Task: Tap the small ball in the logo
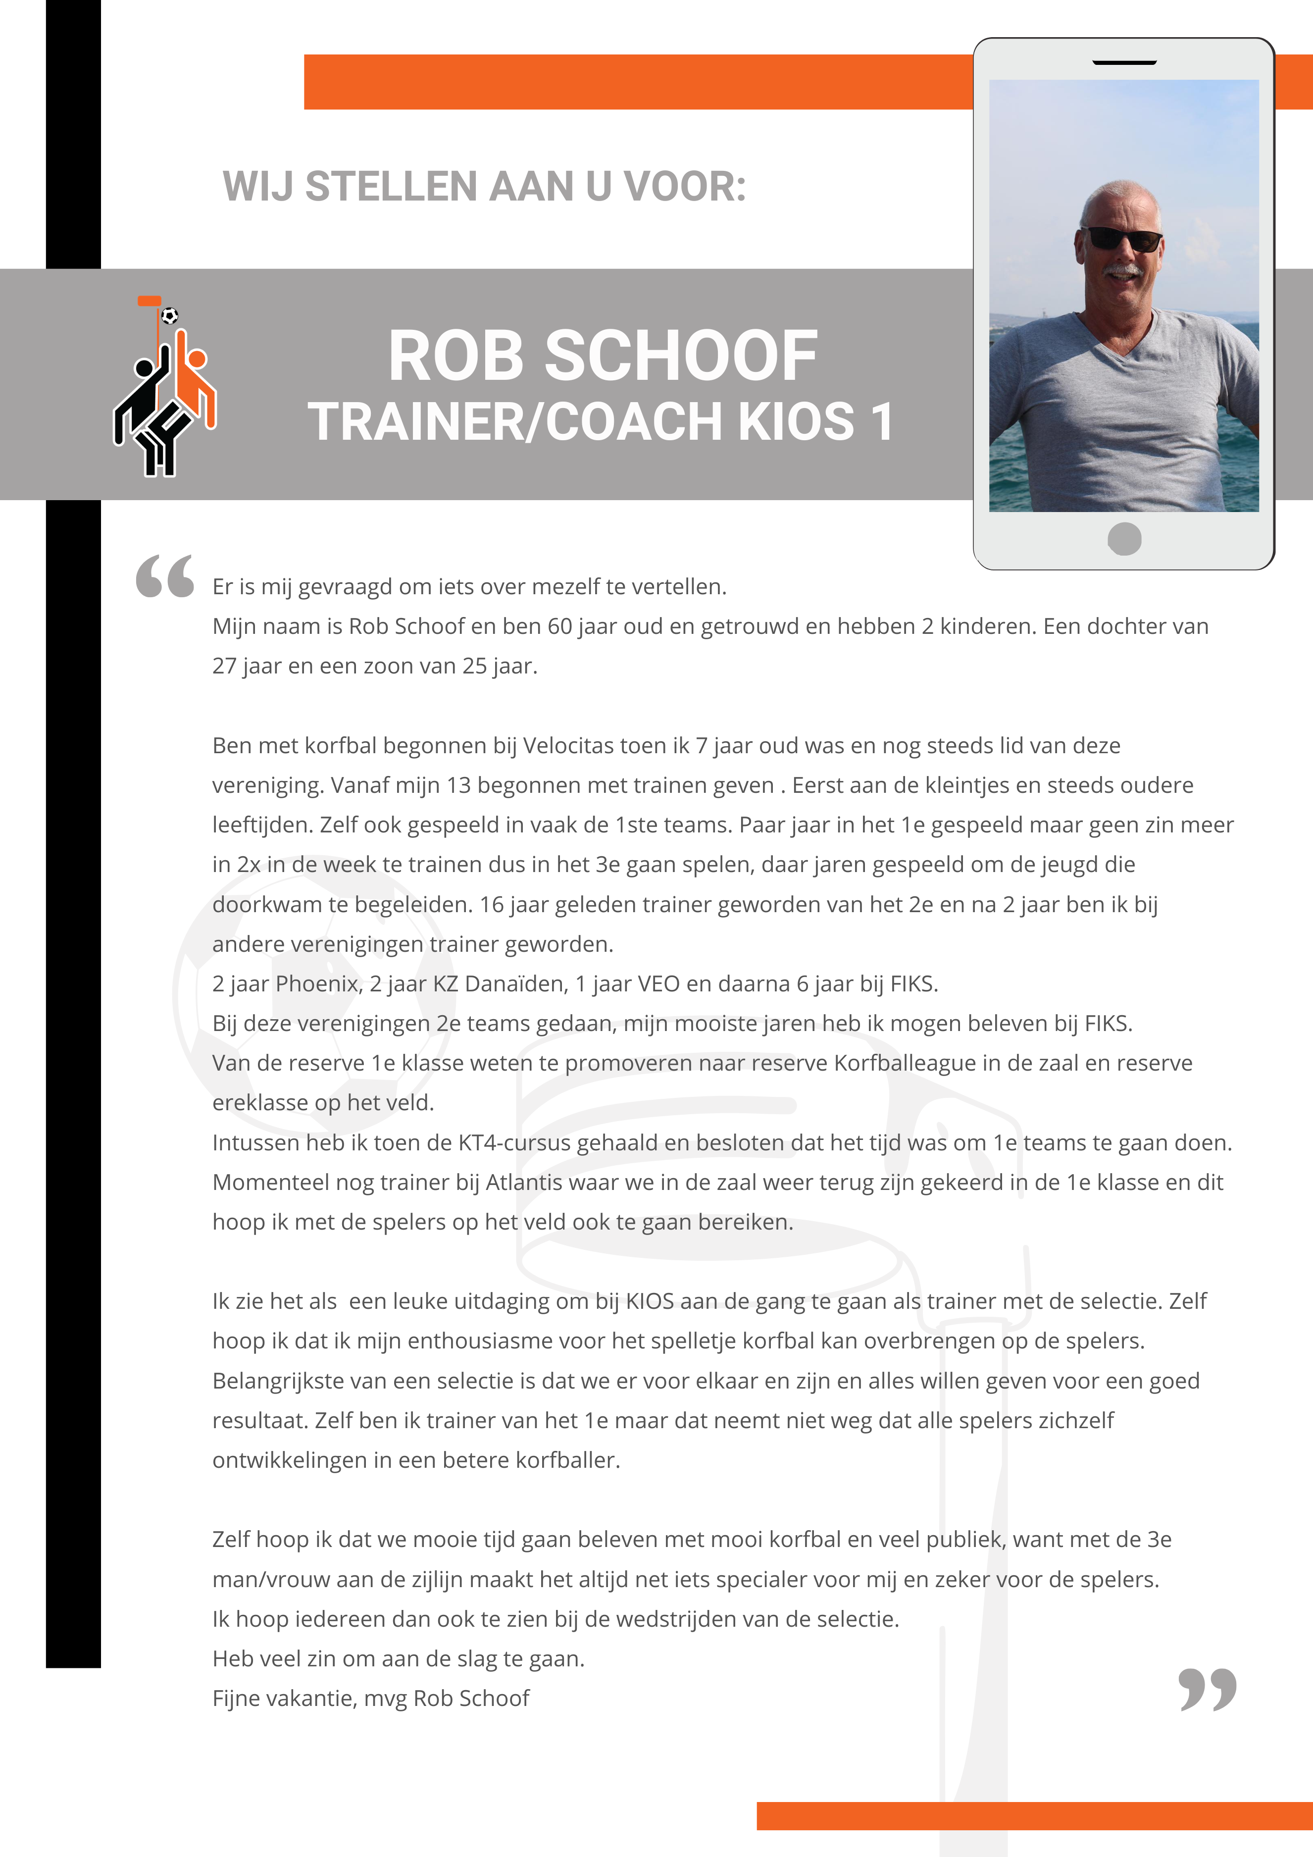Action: (170, 315)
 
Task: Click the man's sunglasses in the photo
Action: (1123, 239)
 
